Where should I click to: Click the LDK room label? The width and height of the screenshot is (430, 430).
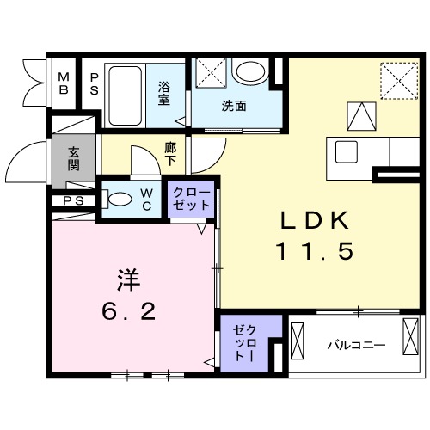pyautogui.click(x=315, y=220)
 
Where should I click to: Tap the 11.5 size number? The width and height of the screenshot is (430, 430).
pyautogui.click(x=315, y=252)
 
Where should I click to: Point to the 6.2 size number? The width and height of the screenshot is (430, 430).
pyautogui.click(x=129, y=312)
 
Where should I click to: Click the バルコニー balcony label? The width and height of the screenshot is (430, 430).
pyautogui.click(x=355, y=346)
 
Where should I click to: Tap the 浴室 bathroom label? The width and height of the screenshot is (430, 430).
pyautogui.click(x=163, y=92)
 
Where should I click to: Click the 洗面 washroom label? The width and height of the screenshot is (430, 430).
pyautogui.click(x=234, y=107)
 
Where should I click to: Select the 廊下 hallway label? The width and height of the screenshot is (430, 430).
pyautogui.click(x=170, y=154)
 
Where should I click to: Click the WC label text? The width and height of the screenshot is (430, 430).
pyautogui.click(x=146, y=200)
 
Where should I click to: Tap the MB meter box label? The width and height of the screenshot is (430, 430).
pyautogui.click(x=64, y=83)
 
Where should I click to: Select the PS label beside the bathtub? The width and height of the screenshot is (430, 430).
pyautogui.click(x=93, y=83)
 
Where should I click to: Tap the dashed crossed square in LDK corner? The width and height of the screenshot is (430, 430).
pyautogui.click(x=398, y=82)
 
